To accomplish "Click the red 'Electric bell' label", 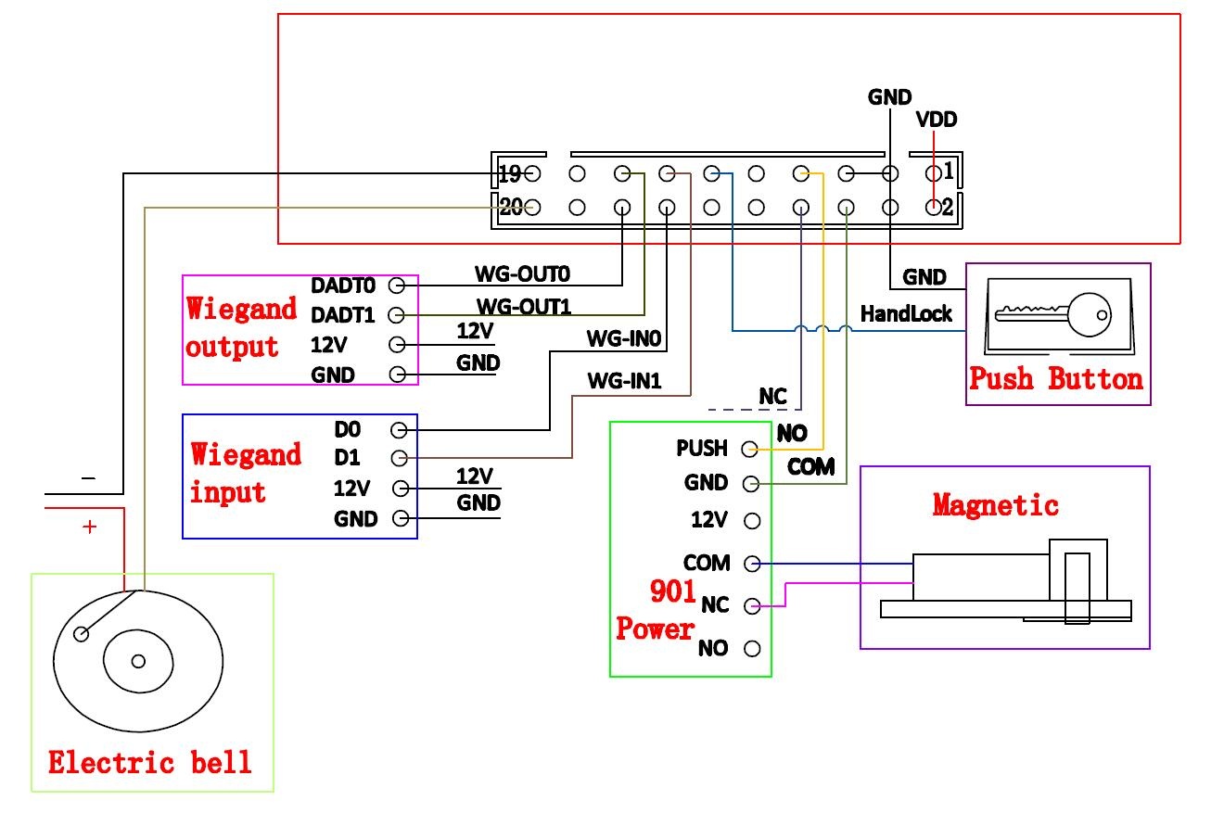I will click(x=149, y=763).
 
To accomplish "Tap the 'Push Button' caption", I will click(x=1056, y=379).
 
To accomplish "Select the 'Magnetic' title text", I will click(x=995, y=505).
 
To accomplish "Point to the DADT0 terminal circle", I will click(x=397, y=286).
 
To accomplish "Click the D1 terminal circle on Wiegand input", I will click(x=399, y=458).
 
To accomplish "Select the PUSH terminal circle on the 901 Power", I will click(x=749, y=450).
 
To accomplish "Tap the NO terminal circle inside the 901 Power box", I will click(x=752, y=648).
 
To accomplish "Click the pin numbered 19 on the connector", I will click(x=531, y=173).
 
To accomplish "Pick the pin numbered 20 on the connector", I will click(x=531, y=208).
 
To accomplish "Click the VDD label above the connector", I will click(x=936, y=120).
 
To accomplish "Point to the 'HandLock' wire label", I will click(x=906, y=314).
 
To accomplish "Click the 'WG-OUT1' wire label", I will click(x=522, y=305).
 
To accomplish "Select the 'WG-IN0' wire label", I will click(x=622, y=339).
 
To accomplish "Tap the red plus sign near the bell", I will click(x=89, y=527).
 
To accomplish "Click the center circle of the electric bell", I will click(x=138, y=661).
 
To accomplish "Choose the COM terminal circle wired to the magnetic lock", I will click(x=752, y=564).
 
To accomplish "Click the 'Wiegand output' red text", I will click(x=241, y=327).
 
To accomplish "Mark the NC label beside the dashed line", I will click(x=772, y=397).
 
